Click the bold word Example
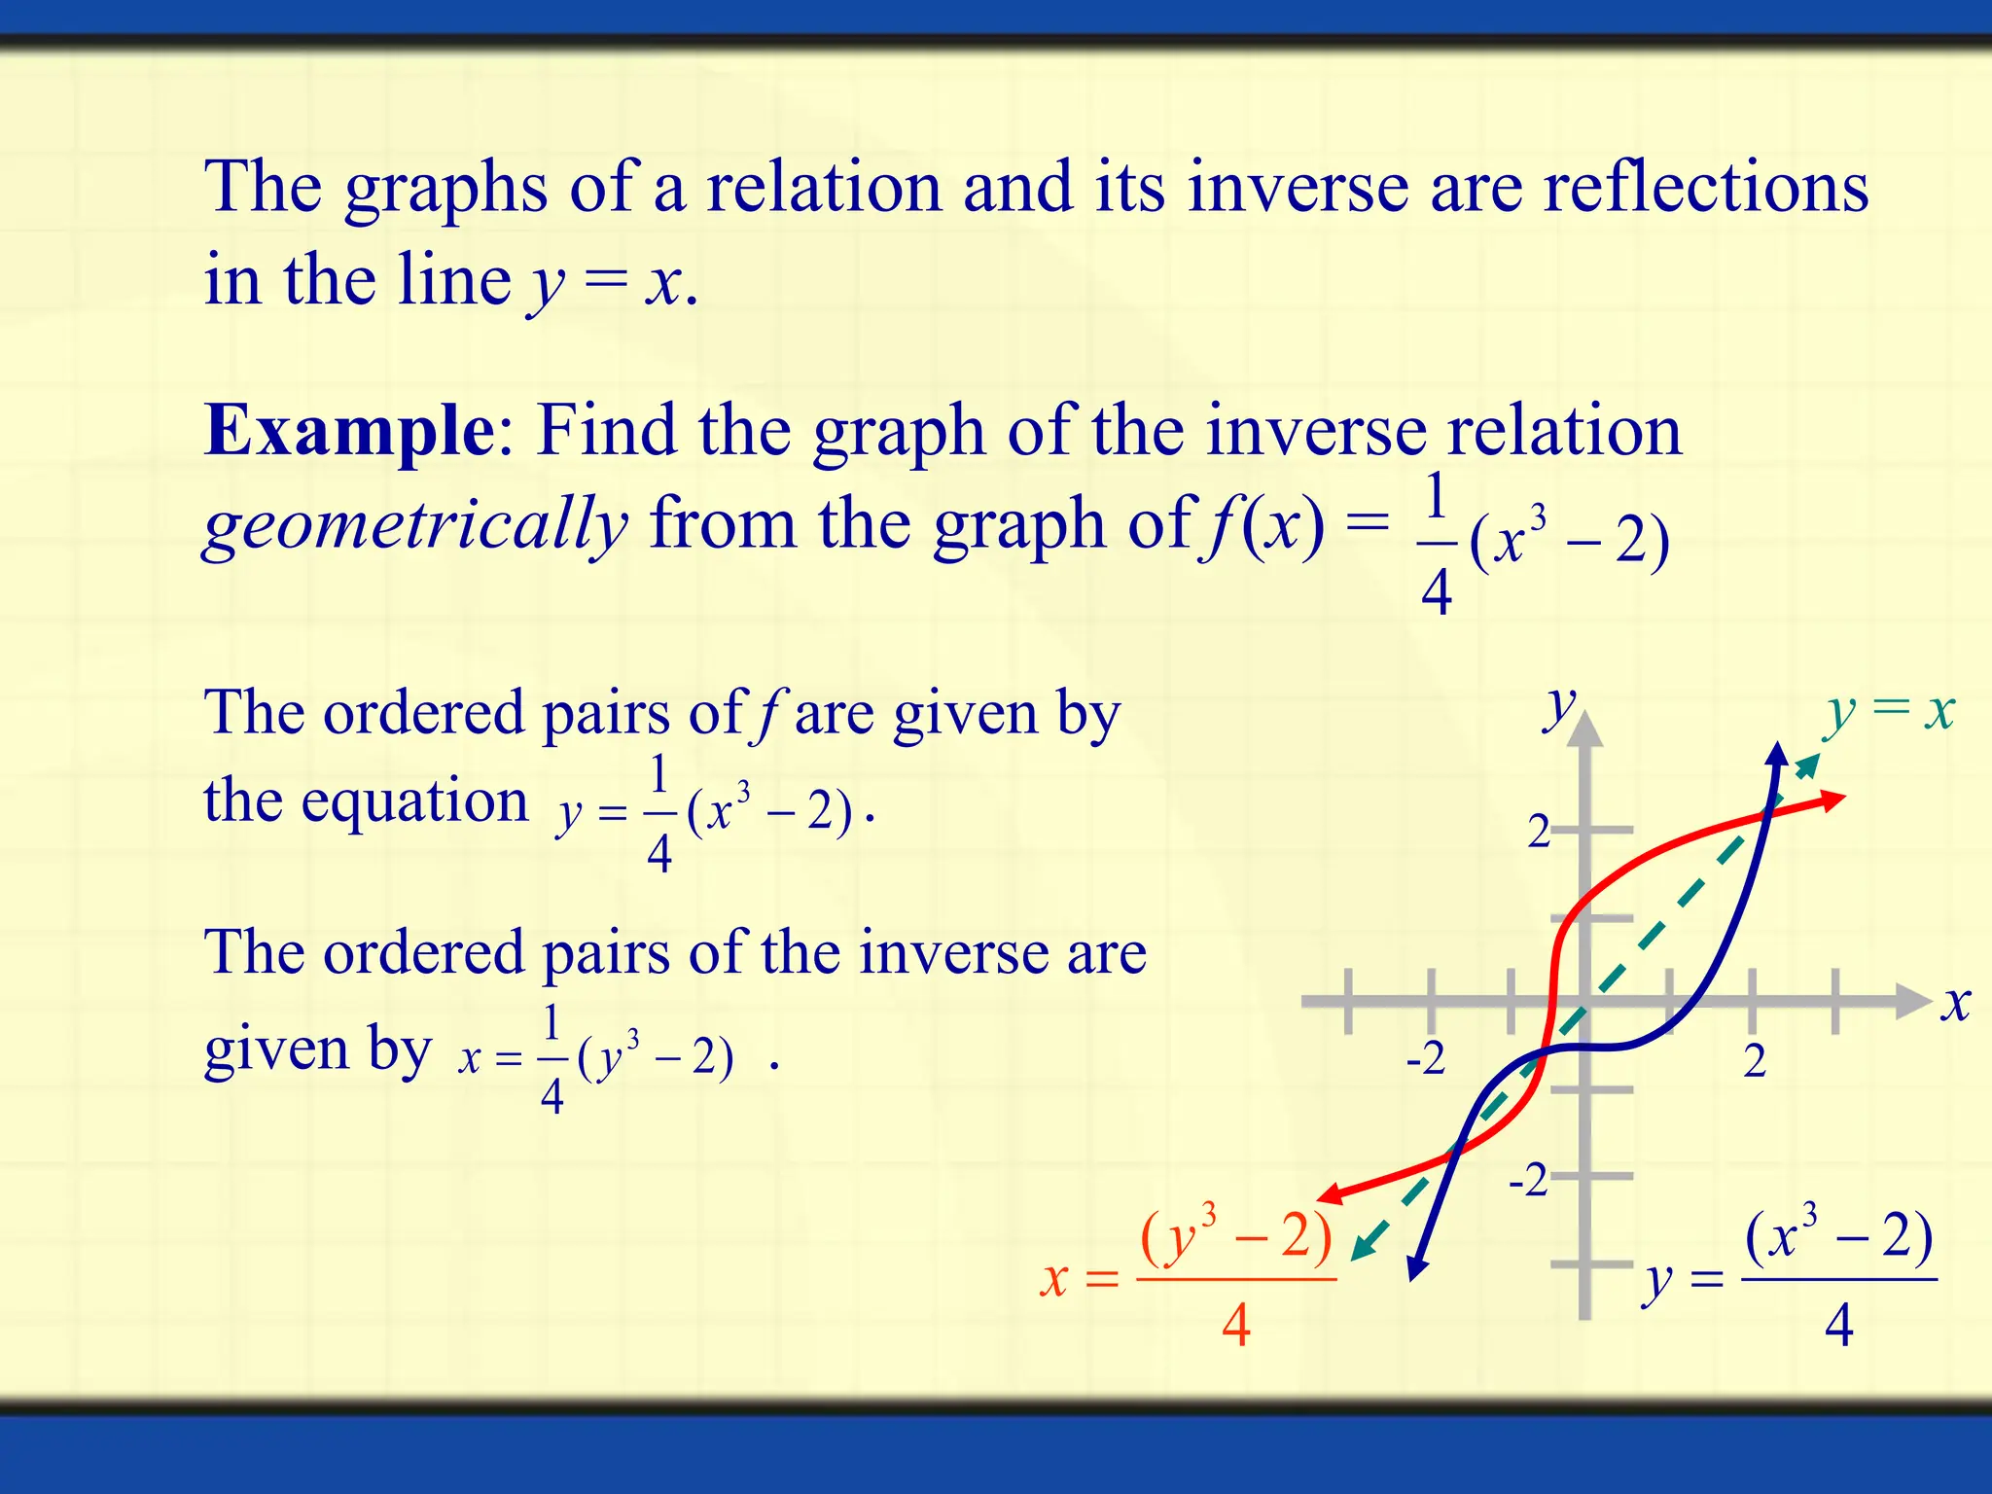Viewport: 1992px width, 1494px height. coord(349,430)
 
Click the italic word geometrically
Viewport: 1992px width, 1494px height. coord(415,525)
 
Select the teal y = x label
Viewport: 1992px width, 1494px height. coord(1890,712)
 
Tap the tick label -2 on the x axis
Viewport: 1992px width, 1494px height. coord(1425,1058)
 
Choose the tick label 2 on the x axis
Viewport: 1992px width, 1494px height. coord(1754,1060)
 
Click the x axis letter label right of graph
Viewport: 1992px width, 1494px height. coord(1955,1003)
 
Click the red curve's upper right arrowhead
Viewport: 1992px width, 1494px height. coord(1832,800)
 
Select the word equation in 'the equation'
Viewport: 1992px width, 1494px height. coord(414,802)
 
